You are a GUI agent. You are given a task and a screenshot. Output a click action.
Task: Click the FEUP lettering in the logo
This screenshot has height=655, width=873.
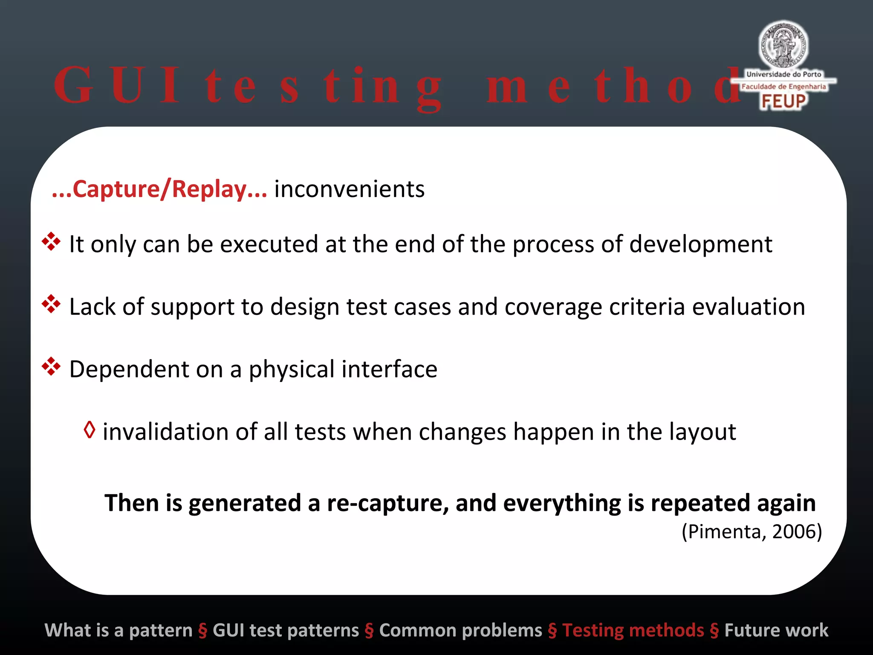pos(783,101)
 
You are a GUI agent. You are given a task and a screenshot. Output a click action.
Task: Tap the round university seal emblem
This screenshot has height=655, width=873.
pos(783,45)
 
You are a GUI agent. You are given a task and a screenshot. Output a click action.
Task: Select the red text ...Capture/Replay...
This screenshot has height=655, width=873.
pos(159,189)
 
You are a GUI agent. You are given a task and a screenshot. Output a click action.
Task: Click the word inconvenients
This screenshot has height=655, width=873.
pos(350,189)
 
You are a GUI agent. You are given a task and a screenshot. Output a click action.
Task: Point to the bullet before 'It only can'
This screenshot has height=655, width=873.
pos(51,241)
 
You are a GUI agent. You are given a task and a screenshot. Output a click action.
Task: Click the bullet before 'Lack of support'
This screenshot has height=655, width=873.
pos(51,304)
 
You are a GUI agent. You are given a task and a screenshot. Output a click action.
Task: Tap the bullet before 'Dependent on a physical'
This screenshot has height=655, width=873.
pos(51,366)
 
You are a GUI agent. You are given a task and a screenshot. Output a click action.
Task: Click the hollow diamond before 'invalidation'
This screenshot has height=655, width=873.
pos(90,430)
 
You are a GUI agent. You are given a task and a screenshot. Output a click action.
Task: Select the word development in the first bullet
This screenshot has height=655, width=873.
pos(700,244)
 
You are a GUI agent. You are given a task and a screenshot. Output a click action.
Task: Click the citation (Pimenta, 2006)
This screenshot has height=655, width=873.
pos(752,532)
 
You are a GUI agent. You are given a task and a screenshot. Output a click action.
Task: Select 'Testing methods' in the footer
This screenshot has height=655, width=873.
pos(633,630)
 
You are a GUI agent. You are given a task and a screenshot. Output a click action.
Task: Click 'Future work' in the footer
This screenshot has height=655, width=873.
pos(776,630)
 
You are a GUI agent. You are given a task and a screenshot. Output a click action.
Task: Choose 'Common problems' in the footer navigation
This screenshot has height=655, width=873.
pos(460,630)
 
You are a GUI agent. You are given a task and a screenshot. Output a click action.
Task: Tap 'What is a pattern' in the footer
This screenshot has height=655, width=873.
pos(119,630)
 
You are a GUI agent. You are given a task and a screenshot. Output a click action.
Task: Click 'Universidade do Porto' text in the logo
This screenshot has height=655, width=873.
pos(783,74)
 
